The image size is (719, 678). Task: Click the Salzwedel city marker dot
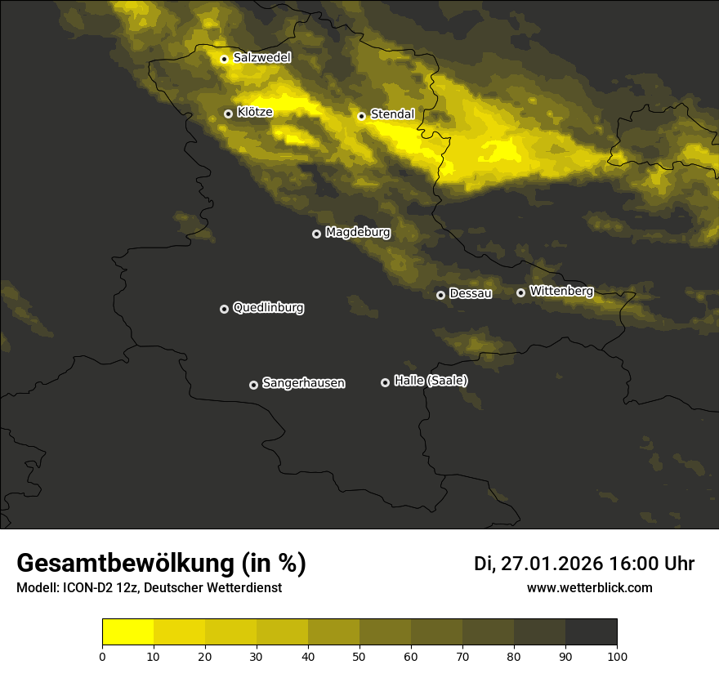coord(225,59)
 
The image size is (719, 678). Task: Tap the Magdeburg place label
coord(358,233)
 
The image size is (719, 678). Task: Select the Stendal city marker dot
coord(361,116)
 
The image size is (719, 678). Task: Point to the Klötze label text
coord(255,113)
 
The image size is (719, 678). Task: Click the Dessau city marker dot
coord(440,295)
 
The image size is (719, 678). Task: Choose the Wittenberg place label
coord(561,291)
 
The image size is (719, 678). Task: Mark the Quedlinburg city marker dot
coord(224,309)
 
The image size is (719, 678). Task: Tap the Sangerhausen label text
coord(303,383)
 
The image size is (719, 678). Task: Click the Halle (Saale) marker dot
coord(385,382)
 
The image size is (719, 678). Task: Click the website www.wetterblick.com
coord(589,588)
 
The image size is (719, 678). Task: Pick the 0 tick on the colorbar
coord(102,656)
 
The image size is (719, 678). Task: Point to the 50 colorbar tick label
coord(359,656)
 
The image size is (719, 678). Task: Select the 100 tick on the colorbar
coord(617,656)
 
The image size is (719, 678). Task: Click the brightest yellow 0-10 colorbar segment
coord(127,632)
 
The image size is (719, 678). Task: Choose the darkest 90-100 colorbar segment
coord(591,632)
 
